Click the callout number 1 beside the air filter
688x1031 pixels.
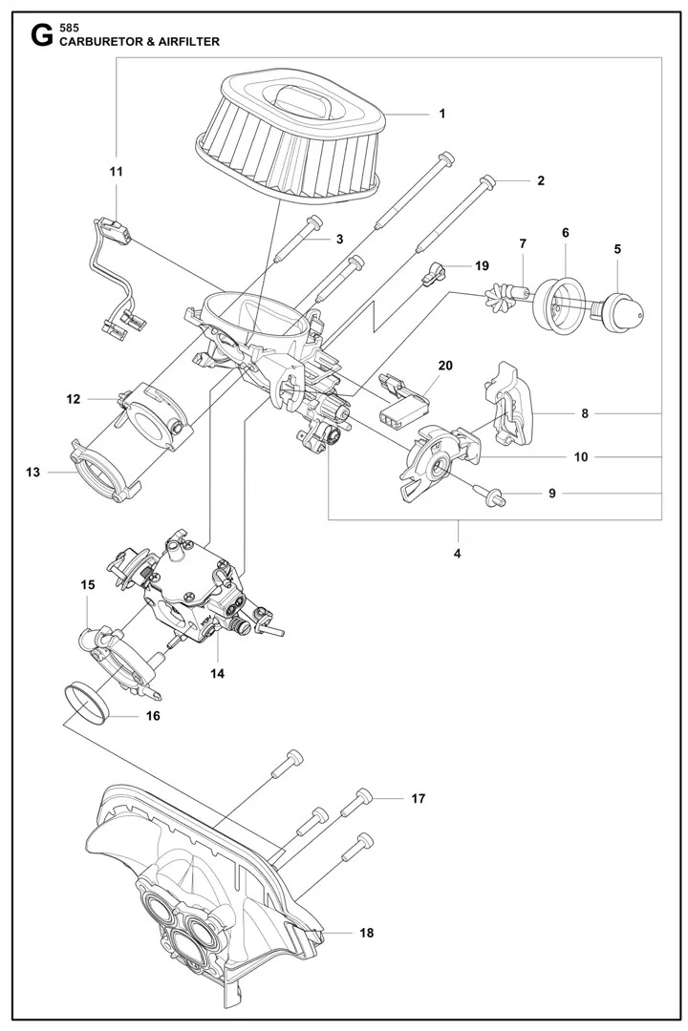442,114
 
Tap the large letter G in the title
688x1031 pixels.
42,37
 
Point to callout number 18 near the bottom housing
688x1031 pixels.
367,933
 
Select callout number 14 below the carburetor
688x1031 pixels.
217,673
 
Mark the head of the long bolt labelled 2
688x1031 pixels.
488,179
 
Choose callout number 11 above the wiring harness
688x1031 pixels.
116,172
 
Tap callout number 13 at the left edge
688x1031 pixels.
32,473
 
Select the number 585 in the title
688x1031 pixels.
69,29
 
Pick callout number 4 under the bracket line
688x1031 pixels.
458,554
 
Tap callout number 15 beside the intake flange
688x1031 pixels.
88,584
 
